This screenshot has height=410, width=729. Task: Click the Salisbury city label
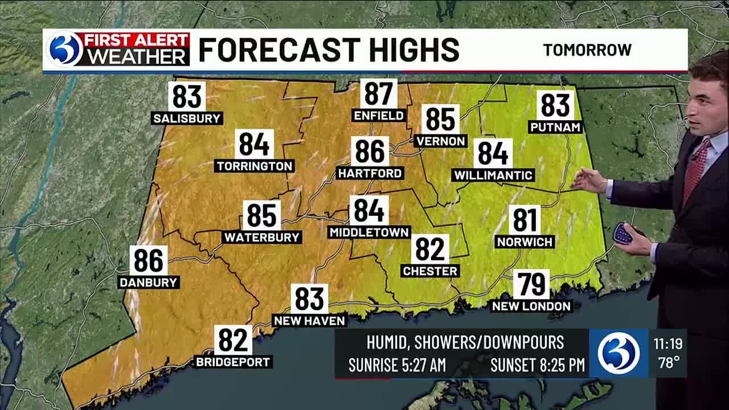click(x=187, y=118)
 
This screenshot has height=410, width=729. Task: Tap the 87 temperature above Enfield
click(x=379, y=93)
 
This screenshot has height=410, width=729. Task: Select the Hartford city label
click(x=370, y=173)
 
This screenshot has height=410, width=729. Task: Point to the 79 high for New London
click(x=531, y=284)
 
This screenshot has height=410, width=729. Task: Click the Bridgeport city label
click(x=234, y=362)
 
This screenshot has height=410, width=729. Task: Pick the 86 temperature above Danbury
click(x=149, y=260)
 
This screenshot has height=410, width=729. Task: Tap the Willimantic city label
click(x=493, y=175)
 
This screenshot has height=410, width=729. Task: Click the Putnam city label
click(x=555, y=127)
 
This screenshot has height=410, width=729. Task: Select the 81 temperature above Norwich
click(x=525, y=220)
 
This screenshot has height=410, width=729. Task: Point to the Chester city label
click(x=430, y=271)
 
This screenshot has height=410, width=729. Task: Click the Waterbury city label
click(x=262, y=237)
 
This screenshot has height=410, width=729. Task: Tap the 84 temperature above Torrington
click(x=254, y=144)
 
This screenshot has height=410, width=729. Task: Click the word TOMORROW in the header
click(x=587, y=50)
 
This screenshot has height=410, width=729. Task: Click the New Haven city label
click(x=309, y=321)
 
